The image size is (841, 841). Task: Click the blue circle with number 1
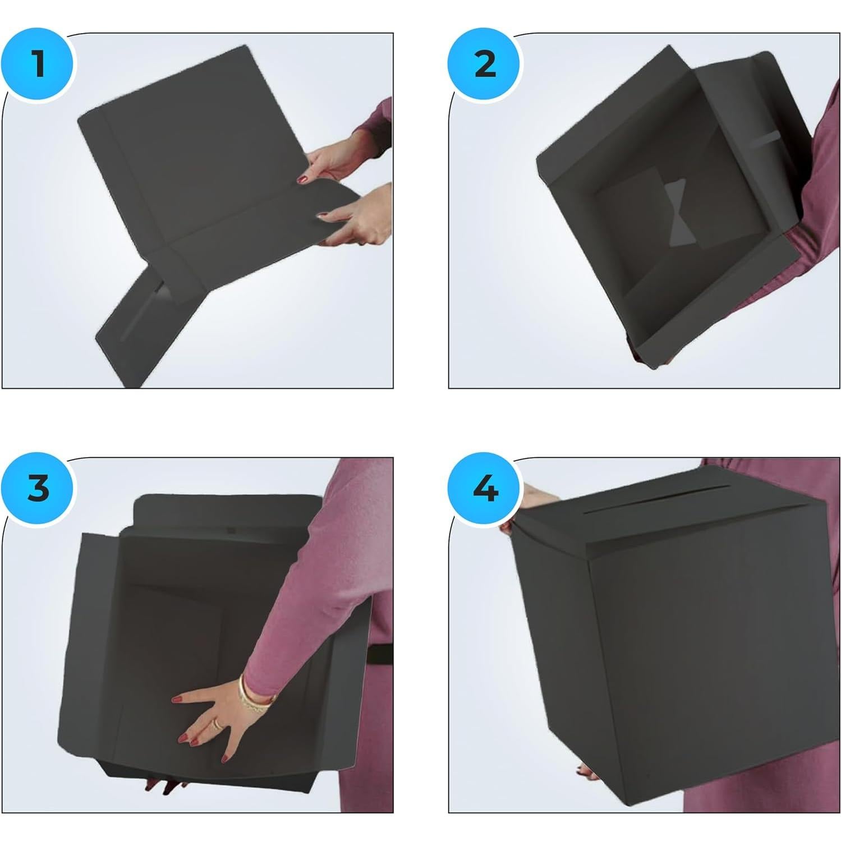[x=38, y=64]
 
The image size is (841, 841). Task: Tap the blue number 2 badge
[x=484, y=64]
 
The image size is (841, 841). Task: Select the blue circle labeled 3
[x=38, y=488]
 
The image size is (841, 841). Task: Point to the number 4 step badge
[x=484, y=488]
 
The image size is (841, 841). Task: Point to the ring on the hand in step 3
[x=217, y=724]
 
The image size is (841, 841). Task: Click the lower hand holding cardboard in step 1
[x=353, y=216]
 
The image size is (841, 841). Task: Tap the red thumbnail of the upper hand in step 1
[x=303, y=180]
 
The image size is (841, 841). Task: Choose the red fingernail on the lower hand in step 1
[x=323, y=214]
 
